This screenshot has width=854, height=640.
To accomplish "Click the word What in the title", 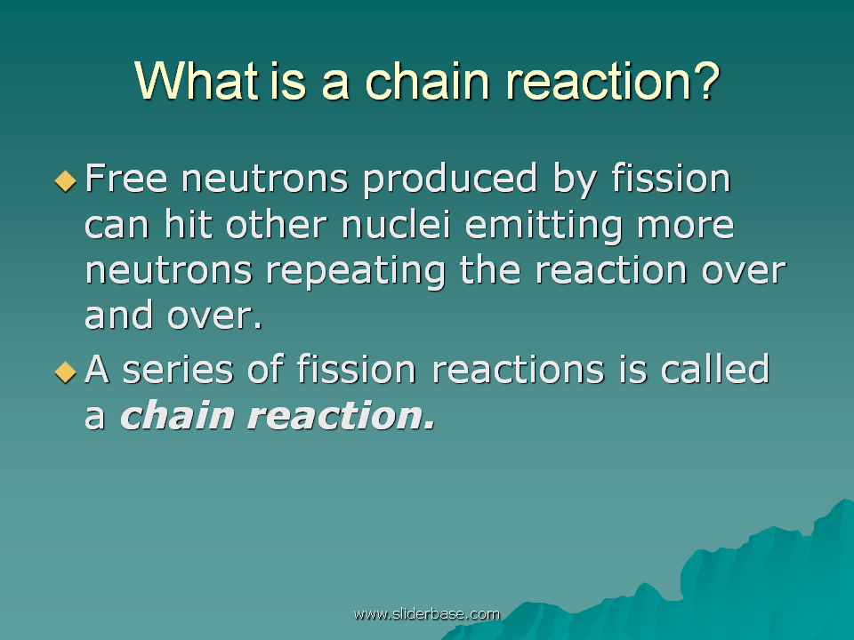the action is tap(196, 81).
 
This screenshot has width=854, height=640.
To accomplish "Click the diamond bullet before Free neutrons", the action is tap(65, 180).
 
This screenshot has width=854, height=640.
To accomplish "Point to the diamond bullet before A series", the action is tap(65, 372).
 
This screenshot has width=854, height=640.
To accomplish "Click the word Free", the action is tap(125, 178).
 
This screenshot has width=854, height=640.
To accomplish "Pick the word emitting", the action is tap(543, 225).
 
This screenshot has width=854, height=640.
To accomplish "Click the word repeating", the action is tap(355, 270).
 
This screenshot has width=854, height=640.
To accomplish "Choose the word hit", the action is tap(188, 224).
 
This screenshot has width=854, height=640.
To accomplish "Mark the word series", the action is tap(178, 370).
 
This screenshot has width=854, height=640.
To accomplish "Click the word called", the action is tap(714, 368).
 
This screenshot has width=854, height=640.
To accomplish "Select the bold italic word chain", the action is tap(177, 415).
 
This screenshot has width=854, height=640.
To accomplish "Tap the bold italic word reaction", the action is tap(342, 415).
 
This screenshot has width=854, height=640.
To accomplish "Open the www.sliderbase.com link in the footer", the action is tap(426, 614).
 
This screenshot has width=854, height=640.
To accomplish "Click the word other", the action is tap(276, 224).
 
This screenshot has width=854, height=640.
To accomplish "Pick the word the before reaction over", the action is tap(490, 269).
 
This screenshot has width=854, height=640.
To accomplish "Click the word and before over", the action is tap(118, 315).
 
